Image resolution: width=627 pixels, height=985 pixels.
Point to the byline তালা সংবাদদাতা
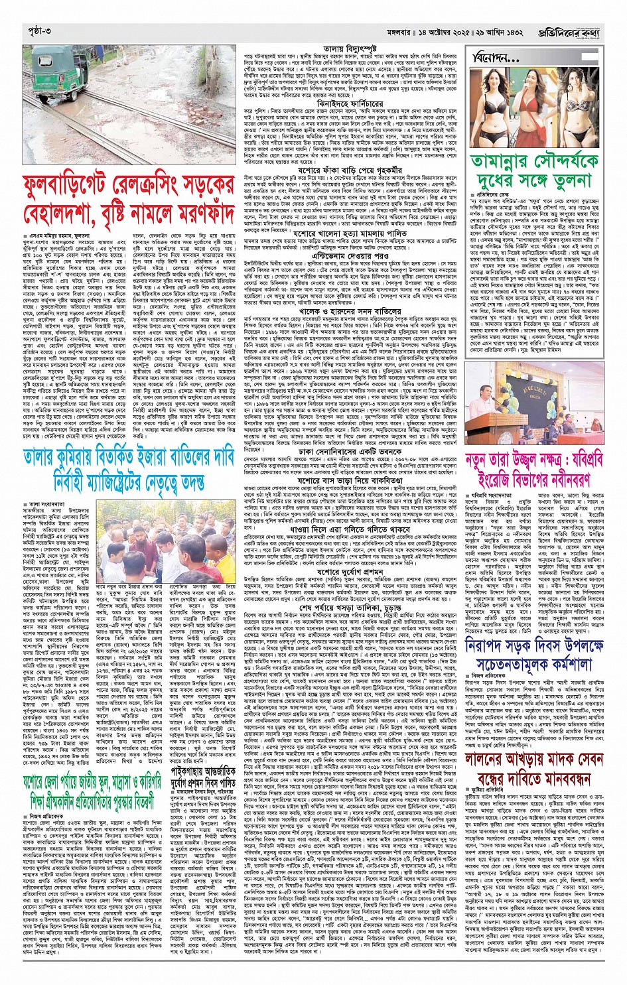pos(43,486)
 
